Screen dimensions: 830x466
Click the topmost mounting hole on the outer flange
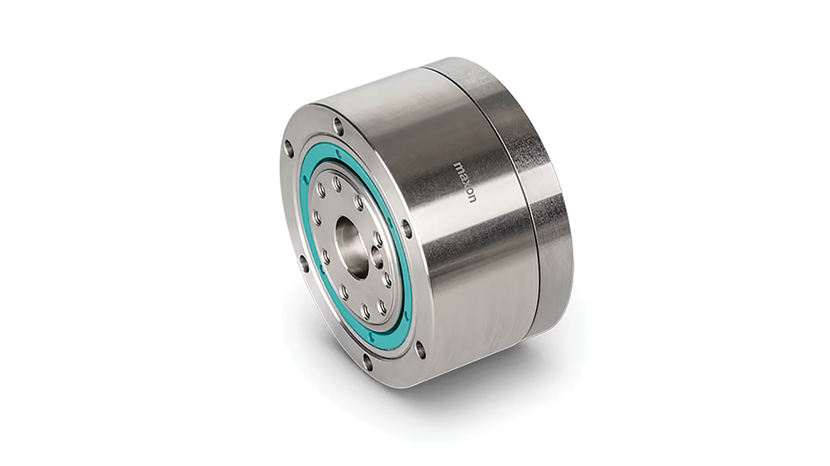click(339, 125)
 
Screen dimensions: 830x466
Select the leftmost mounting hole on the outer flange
click(289, 148)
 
